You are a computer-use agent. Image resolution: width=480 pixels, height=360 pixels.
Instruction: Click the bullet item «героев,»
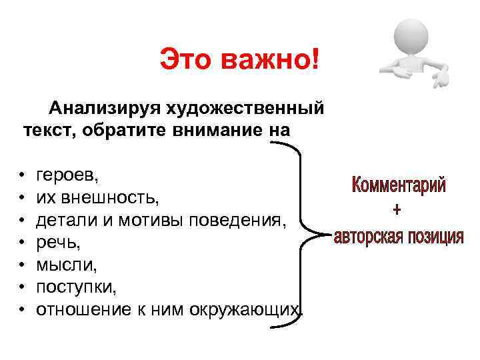tap(67, 177)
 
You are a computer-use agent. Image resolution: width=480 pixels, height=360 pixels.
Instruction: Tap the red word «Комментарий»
tap(399, 185)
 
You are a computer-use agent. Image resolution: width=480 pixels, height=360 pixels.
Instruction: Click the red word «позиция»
tap(435, 237)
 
